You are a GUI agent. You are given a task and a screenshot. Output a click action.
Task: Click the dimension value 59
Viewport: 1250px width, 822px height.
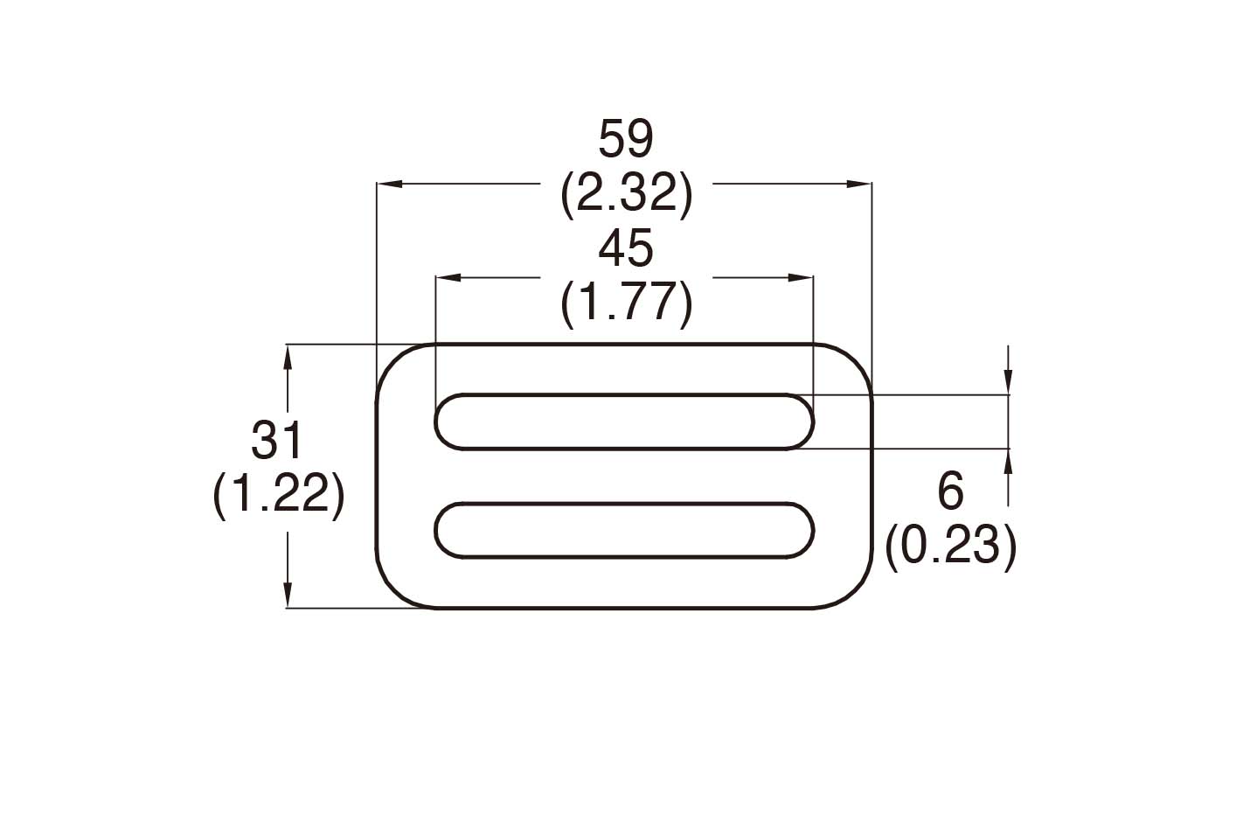pyautogui.click(x=626, y=139)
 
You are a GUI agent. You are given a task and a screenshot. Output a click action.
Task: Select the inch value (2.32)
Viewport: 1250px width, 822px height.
pyautogui.click(x=626, y=193)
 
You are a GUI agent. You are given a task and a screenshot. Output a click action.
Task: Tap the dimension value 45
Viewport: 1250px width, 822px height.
pyautogui.click(x=626, y=249)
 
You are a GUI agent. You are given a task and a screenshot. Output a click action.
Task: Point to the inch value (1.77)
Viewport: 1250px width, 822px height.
pyautogui.click(x=626, y=303)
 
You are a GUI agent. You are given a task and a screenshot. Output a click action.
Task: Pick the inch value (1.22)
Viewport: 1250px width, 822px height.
pyautogui.click(x=278, y=496)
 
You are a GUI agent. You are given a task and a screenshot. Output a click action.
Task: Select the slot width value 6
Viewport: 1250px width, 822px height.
pyautogui.click(x=950, y=491)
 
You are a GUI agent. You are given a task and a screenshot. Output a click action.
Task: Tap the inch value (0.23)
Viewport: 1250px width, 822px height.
pyautogui.click(x=950, y=547)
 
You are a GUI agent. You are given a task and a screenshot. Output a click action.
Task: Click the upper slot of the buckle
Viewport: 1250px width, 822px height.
pyautogui.click(x=625, y=421)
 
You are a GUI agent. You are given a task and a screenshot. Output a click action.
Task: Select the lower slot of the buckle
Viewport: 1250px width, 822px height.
pyautogui.click(x=625, y=530)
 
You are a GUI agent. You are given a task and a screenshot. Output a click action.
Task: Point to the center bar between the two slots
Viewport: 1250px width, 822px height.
pyautogui.click(x=625, y=476)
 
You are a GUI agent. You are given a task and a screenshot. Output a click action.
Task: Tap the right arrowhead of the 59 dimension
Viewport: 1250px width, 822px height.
pyautogui.click(x=858, y=185)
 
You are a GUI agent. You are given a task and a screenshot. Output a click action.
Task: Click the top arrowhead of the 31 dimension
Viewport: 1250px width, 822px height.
pyautogui.click(x=288, y=357)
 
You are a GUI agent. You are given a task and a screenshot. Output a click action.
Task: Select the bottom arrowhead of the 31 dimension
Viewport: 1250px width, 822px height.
pyautogui.click(x=288, y=595)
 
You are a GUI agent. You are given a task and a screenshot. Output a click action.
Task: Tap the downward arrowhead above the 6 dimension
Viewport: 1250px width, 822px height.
pyautogui.click(x=1009, y=382)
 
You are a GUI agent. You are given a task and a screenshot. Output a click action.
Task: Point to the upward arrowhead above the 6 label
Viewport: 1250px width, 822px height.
pyautogui.click(x=1009, y=461)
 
